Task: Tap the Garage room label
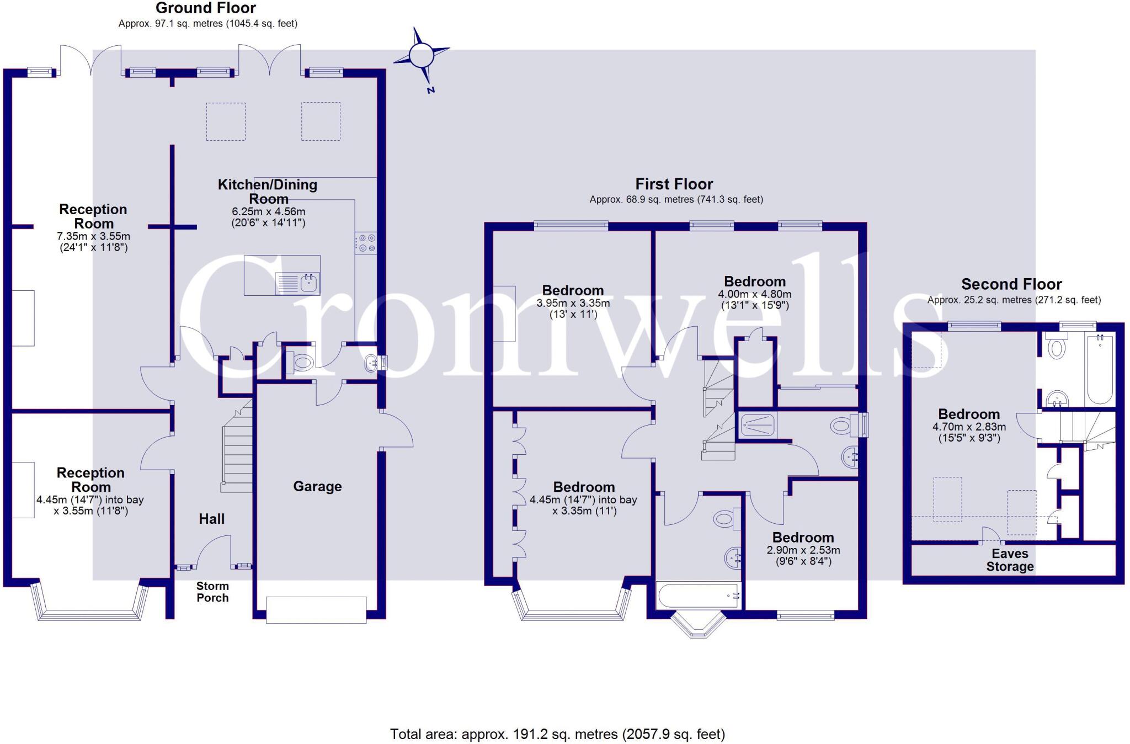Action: point(317,486)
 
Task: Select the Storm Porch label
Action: point(212,592)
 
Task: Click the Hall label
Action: point(212,519)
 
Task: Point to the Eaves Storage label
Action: point(1010,560)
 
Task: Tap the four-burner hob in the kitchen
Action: point(366,243)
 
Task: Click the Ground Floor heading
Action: point(206,8)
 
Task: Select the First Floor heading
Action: point(674,184)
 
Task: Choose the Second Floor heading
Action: point(1011,284)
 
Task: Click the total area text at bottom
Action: point(557,734)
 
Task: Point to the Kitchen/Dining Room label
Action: point(268,192)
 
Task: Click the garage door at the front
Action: point(316,610)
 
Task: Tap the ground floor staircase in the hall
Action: point(238,458)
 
